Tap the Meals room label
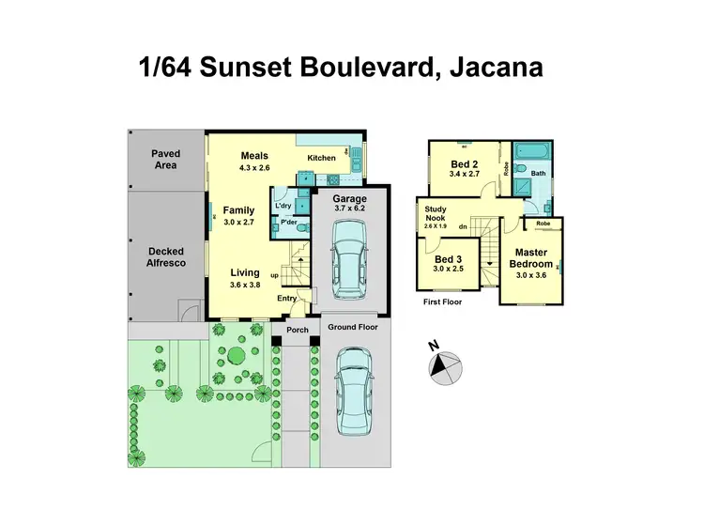[x=254, y=156]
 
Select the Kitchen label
[x=321, y=158]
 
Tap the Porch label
[x=297, y=330]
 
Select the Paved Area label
[x=166, y=160]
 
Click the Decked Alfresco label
[x=166, y=257]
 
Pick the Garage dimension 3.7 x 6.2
[x=348, y=209]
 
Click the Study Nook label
[x=435, y=214]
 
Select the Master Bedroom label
[x=532, y=258]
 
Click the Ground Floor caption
[x=353, y=327]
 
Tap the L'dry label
[x=283, y=205]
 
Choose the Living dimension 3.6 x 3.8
[x=245, y=285]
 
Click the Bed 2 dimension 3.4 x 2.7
[x=466, y=174]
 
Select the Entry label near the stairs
[x=286, y=299]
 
